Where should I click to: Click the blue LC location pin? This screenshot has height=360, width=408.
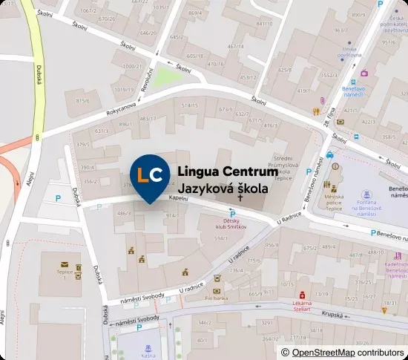[149, 176]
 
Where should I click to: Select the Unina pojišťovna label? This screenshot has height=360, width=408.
[349, 52]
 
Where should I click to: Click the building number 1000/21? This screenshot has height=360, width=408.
[132, 66]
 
